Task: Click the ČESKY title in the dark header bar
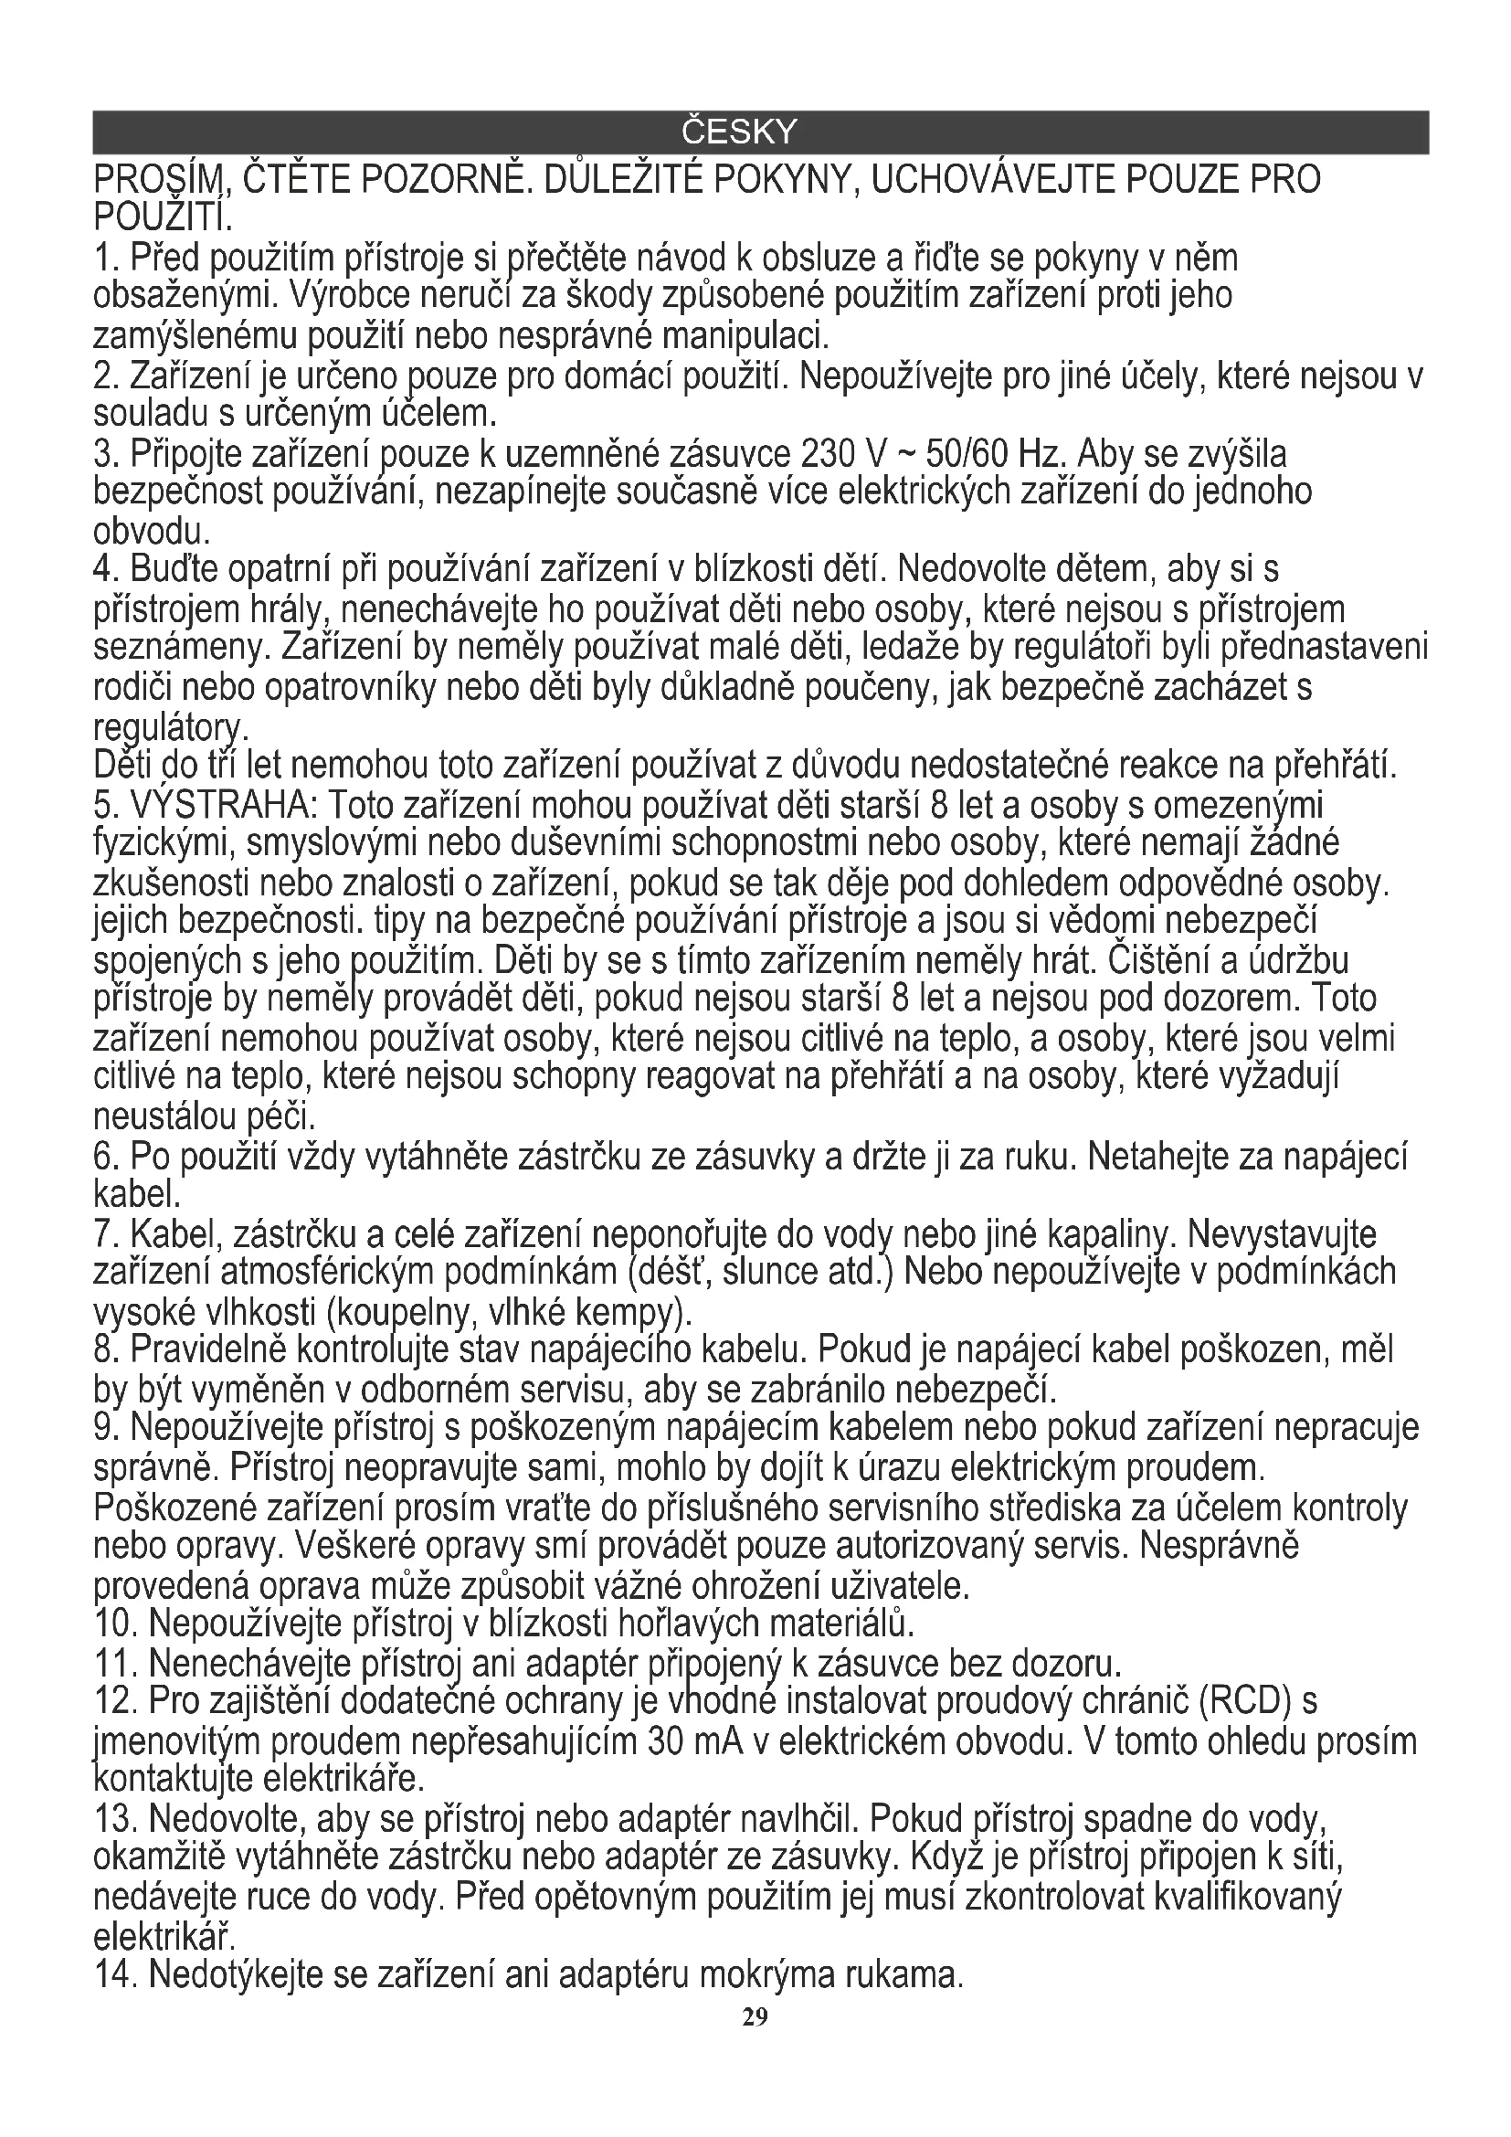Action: pos(740,132)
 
